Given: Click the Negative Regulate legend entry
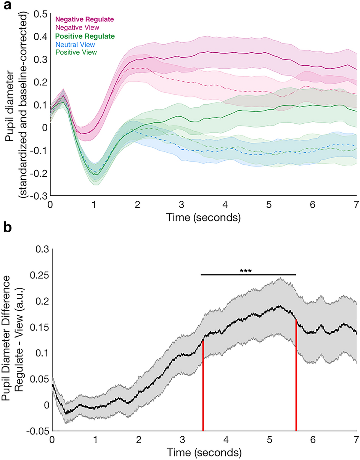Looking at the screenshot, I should [x=85, y=19].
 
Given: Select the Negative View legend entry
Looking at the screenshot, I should [x=78, y=27].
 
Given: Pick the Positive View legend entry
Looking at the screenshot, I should [x=76, y=52].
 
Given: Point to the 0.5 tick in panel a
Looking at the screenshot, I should [x=40, y=14].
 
